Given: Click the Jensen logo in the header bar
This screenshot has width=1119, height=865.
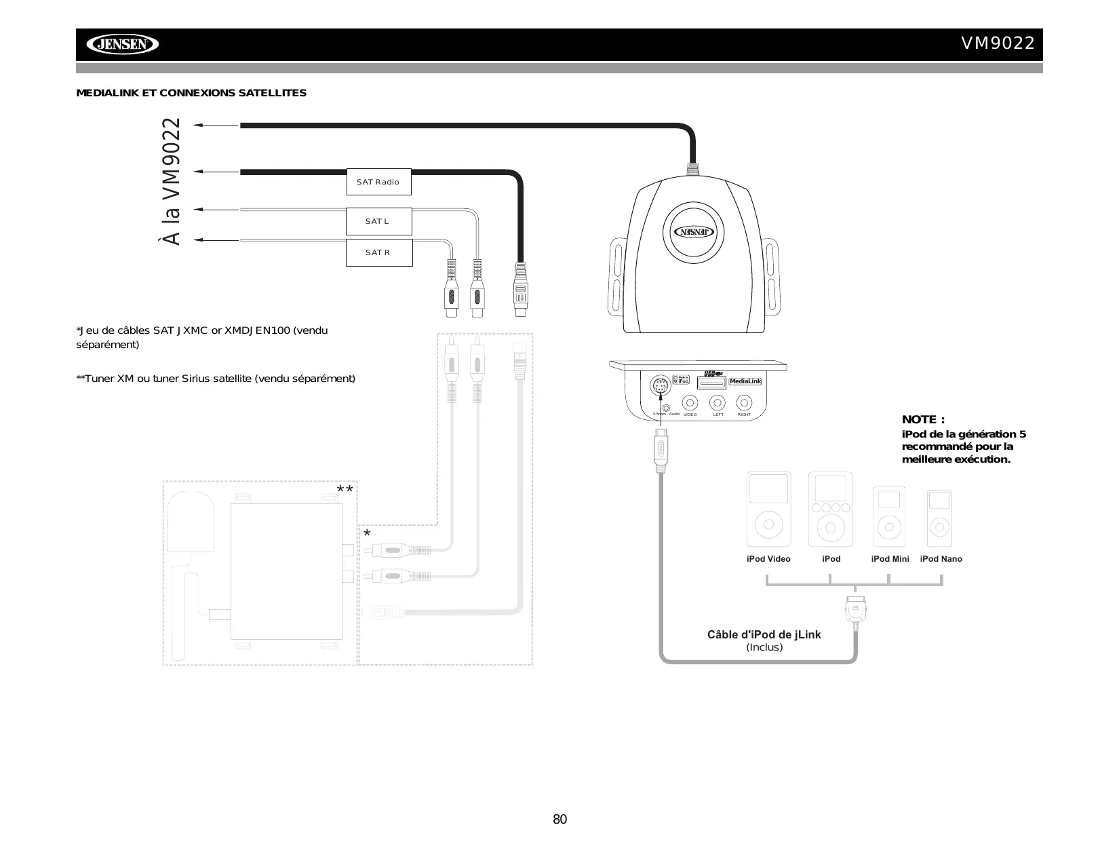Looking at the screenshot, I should coord(122,45).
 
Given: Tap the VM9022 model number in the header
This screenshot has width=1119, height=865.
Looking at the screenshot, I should coord(998,43).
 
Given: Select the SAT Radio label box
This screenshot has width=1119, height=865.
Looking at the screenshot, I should coord(378,182).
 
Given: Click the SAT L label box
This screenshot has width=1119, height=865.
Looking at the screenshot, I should coord(378,221).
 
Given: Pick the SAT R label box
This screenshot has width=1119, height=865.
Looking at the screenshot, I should coord(378,252).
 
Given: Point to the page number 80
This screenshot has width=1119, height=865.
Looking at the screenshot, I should coord(559,820).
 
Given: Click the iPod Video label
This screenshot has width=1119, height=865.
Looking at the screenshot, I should coord(768,559).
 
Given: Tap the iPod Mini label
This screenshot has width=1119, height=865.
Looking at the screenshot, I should coord(890,559).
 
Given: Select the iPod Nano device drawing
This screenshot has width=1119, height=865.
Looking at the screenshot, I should coord(939,518).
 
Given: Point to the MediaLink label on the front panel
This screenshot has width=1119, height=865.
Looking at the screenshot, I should coord(745,381).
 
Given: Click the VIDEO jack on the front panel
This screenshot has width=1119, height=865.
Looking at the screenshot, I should coord(690,402).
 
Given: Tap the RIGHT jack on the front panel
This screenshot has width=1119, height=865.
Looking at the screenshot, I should coord(744,402).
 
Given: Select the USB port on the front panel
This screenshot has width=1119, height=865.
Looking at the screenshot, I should coord(711,383).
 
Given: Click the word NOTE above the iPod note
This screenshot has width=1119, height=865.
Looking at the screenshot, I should coord(923,420).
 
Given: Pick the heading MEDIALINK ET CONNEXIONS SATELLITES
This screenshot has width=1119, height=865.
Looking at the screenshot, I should coord(191,93).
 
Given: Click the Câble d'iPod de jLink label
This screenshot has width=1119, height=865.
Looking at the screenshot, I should coord(764,635).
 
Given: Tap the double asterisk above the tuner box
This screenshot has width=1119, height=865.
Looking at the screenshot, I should coord(345,490).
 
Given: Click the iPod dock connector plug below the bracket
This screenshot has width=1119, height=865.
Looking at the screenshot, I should coord(856,609).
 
